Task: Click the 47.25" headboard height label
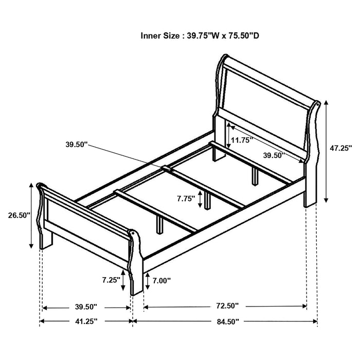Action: (340, 148)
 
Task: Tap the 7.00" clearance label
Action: (161, 280)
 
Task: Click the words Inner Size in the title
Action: (159, 36)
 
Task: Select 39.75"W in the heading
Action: (206, 36)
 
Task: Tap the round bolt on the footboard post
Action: (136, 237)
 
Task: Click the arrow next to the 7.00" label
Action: (148, 280)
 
